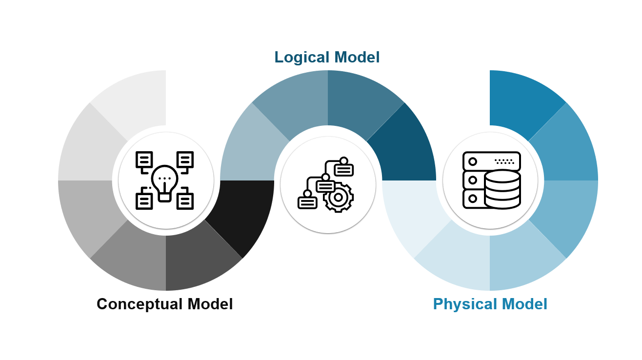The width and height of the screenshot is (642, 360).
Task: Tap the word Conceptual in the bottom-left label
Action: point(139,304)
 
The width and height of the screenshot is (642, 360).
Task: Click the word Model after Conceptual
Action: point(210,304)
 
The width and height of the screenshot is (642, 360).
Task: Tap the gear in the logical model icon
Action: point(339,197)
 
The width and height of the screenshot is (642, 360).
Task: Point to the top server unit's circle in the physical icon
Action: point(472,161)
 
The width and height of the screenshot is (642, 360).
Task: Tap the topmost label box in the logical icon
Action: point(344,170)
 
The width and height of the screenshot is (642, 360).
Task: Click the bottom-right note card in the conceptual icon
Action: point(185,200)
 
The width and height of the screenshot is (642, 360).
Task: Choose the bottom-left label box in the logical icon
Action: point(307,202)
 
